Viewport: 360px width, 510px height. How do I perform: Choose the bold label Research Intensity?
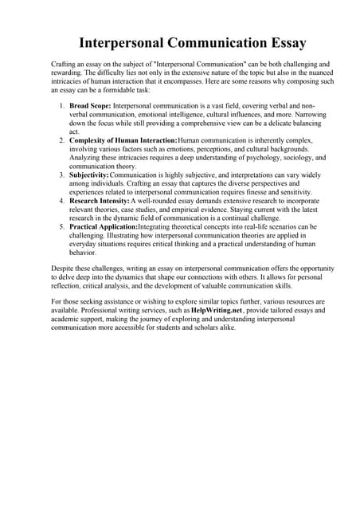point(100,201)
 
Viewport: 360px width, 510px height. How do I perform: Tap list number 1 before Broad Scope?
point(62,105)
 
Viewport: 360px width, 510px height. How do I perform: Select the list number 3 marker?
point(62,175)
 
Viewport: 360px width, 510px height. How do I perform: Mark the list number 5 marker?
point(62,227)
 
